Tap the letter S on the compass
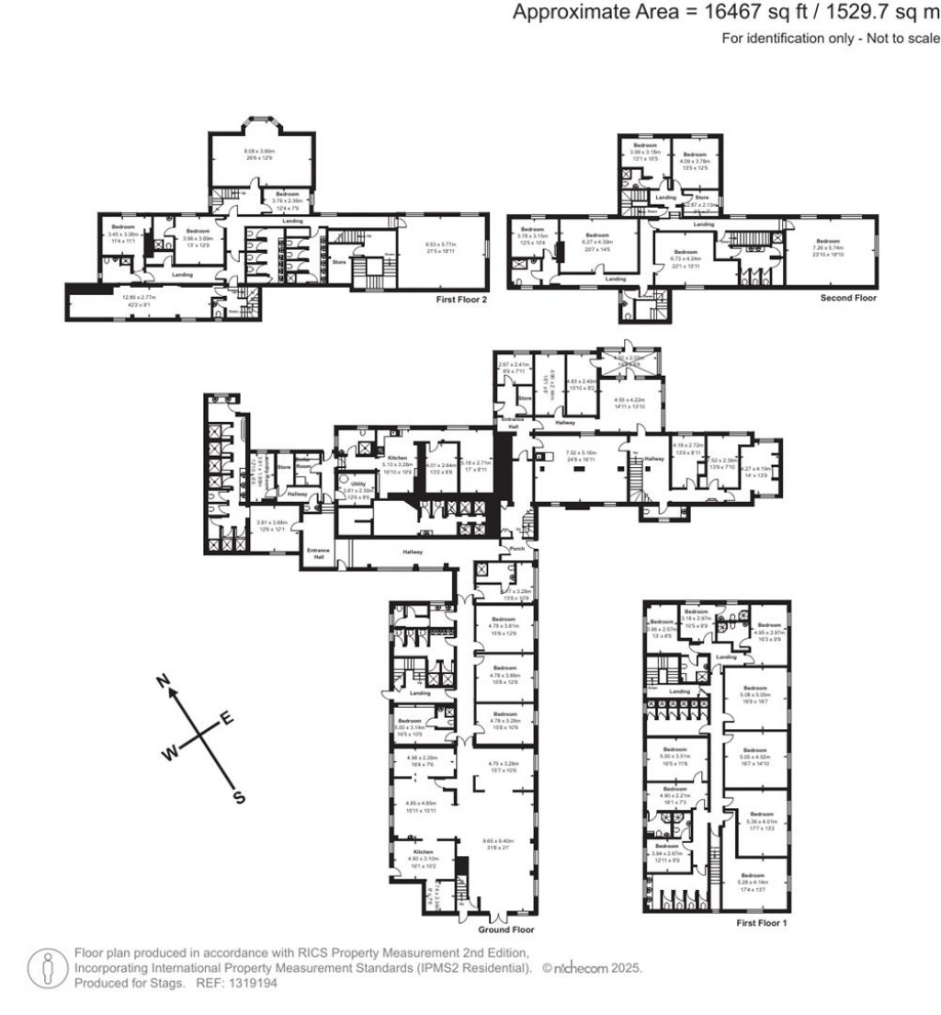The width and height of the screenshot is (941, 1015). [x=240, y=797]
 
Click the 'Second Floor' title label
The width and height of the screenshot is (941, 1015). [x=848, y=298]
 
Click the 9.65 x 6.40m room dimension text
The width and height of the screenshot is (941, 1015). [x=498, y=840]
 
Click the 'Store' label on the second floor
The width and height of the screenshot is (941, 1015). [x=701, y=197]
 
